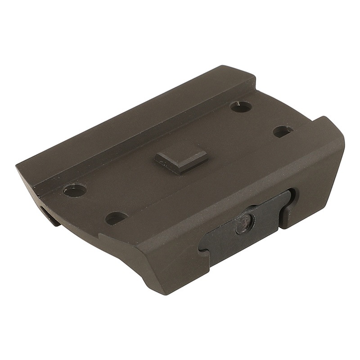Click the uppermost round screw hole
click(241, 107)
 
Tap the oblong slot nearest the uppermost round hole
click(283, 131)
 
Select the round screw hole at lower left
click(75, 190)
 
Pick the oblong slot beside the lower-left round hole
click(116, 218)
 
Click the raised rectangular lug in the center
click(181, 158)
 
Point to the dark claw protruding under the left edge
click(49, 215)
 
